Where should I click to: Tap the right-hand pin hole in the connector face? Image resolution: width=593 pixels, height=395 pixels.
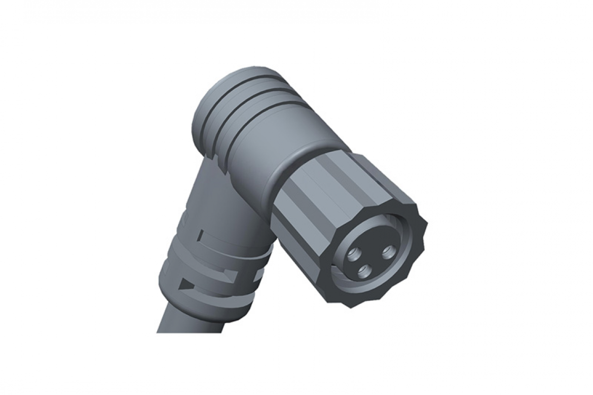[x=388, y=251]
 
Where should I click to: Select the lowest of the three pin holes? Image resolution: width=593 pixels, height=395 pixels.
[x=363, y=272]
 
